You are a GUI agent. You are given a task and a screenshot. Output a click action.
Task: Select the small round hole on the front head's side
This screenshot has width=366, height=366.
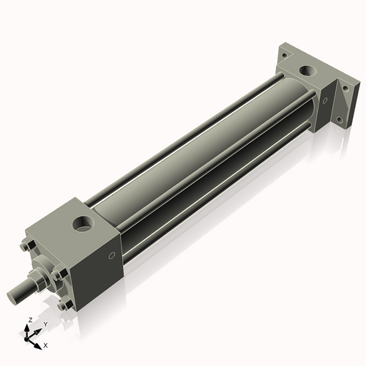(111, 255)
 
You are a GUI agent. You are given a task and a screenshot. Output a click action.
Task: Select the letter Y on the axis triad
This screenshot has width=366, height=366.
(45, 324)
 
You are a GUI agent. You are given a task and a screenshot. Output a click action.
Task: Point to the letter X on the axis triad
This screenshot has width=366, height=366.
(45, 344)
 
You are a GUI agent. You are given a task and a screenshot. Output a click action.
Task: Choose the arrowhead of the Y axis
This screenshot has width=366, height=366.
(39, 329)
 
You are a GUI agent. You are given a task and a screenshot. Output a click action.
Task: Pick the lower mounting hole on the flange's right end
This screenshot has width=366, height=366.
(338, 118)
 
